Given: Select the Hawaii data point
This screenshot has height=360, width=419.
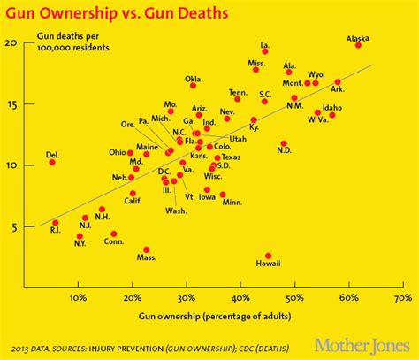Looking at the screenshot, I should (269, 255).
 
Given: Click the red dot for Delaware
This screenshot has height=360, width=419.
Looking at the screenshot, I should (52, 162).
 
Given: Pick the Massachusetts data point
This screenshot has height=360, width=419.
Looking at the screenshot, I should (147, 249).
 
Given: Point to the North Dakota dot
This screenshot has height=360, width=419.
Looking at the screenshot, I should (284, 143).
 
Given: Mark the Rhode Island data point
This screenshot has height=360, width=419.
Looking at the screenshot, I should (55, 223).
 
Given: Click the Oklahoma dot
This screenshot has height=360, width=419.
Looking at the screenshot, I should (194, 85).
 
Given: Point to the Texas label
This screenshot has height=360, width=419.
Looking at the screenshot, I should (231, 157).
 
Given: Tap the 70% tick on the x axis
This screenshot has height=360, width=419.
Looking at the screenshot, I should (402, 297).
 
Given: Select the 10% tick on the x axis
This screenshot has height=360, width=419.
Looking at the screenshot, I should (79, 297).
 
